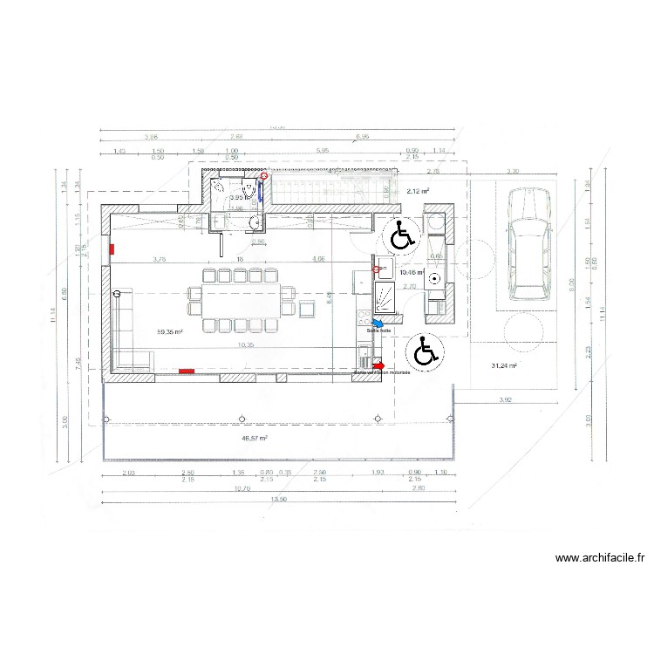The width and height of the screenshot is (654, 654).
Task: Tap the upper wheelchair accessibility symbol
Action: pyautogui.click(x=401, y=235)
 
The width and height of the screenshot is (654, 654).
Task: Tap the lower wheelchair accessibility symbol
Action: pyautogui.click(x=426, y=351)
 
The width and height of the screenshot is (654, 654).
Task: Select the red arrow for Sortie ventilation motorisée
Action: pyautogui.click(x=378, y=365)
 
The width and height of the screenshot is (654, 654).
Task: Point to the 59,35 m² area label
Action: pyautogui.click(x=169, y=332)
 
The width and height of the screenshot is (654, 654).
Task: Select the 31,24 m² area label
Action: pyautogui.click(x=504, y=366)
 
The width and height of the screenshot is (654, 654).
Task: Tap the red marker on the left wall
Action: pyautogui.click(x=111, y=249)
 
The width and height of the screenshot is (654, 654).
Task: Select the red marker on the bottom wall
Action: pyautogui.click(x=186, y=371)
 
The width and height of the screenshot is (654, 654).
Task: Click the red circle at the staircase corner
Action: pyautogui.click(x=264, y=175)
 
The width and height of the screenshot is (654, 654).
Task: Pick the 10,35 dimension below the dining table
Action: pyautogui.click(x=245, y=344)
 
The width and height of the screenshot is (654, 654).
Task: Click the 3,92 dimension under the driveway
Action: pyautogui.click(x=504, y=399)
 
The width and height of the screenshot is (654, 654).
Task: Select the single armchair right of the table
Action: pyautogui.click(x=307, y=309)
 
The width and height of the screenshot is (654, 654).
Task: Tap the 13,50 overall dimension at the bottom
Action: pyautogui.click(x=277, y=500)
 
